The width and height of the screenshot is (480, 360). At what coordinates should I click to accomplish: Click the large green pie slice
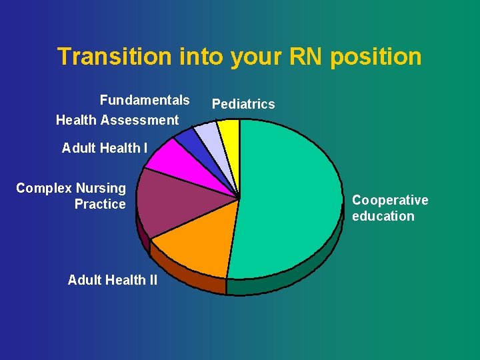[x=293, y=200]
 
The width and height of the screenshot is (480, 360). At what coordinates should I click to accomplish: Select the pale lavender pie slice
[x=210, y=137]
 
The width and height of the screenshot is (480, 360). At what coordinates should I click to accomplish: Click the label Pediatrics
[x=243, y=104]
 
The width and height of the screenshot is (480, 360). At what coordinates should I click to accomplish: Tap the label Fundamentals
[x=145, y=100]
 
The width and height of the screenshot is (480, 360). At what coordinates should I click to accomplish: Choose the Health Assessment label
[x=117, y=120]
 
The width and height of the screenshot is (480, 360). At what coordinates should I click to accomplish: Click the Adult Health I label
[x=105, y=148]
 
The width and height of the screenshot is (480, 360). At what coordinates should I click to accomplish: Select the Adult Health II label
[x=113, y=280]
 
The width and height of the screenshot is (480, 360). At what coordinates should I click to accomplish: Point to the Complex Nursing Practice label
[x=71, y=196]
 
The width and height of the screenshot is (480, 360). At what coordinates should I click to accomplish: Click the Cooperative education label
[x=390, y=208]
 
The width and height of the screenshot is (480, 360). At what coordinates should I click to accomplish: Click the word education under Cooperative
[x=383, y=216]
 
